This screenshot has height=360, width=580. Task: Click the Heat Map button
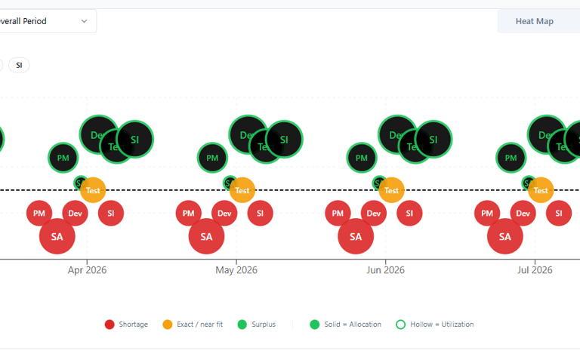coord(534,21)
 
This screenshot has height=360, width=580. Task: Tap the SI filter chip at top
coord(19,65)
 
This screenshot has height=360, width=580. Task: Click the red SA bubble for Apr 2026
coord(57,236)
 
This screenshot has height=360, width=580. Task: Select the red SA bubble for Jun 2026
coord(356,236)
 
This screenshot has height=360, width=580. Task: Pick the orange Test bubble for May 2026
coord(242,190)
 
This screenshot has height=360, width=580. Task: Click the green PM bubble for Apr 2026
coord(63,158)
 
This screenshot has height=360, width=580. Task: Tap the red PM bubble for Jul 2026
coord(487,214)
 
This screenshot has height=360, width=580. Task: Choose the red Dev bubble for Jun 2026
coord(374,214)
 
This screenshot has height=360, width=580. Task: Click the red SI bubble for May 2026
coord(260,214)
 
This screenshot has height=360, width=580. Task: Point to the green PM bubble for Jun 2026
coord(362,158)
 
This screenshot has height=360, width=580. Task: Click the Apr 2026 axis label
coord(87,270)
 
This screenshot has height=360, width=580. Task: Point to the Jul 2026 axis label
coord(535,270)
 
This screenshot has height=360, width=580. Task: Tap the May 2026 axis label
coord(236,270)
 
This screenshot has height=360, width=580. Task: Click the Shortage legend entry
coord(126,325)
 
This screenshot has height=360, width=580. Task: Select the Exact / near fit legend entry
coord(192,325)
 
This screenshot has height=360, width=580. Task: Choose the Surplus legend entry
coord(257,325)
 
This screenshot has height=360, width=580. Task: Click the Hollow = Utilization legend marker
coord(400,325)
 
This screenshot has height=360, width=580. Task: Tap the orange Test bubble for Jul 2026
coord(541,190)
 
